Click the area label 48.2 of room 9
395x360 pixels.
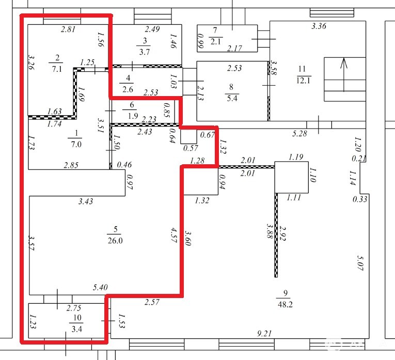(x=285, y=305)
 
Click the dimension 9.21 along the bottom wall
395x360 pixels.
(x=264, y=334)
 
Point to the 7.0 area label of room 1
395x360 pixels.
(x=75, y=144)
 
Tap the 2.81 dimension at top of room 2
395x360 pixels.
(x=68, y=29)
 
